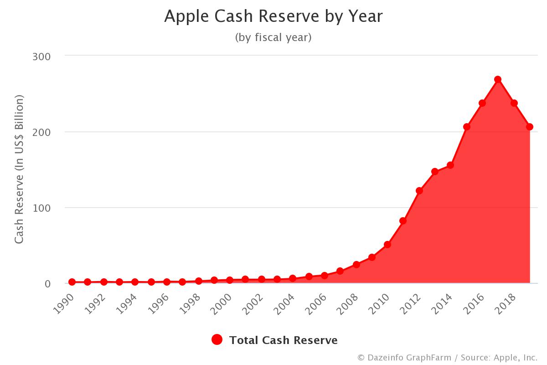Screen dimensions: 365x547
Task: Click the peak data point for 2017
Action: (x=498, y=79)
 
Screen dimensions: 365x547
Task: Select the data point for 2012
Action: (x=419, y=191)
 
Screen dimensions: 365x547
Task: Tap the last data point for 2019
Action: (x=529, y=127)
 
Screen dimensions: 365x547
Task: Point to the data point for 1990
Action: (x=72, y=282)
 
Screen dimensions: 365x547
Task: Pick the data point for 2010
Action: (x=387, y=245)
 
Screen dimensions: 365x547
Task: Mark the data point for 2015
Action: (x=466, y=127)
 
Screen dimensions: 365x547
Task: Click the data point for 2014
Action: (x=450, y=165)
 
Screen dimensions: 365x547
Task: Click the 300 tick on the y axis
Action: (x=41, y=56)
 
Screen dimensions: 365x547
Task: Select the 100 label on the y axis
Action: (x=41, y=208)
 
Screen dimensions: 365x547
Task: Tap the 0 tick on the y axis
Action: (x=47, y=284)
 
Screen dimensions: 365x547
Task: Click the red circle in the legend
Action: (x=217, y=340)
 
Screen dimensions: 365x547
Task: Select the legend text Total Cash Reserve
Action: (x=283, y=340)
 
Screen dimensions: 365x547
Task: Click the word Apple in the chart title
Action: (x=182, y=16)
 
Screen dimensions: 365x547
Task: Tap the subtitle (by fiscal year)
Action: (x=273, y=37)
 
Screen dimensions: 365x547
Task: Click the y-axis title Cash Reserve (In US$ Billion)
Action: (x=19, y=169)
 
